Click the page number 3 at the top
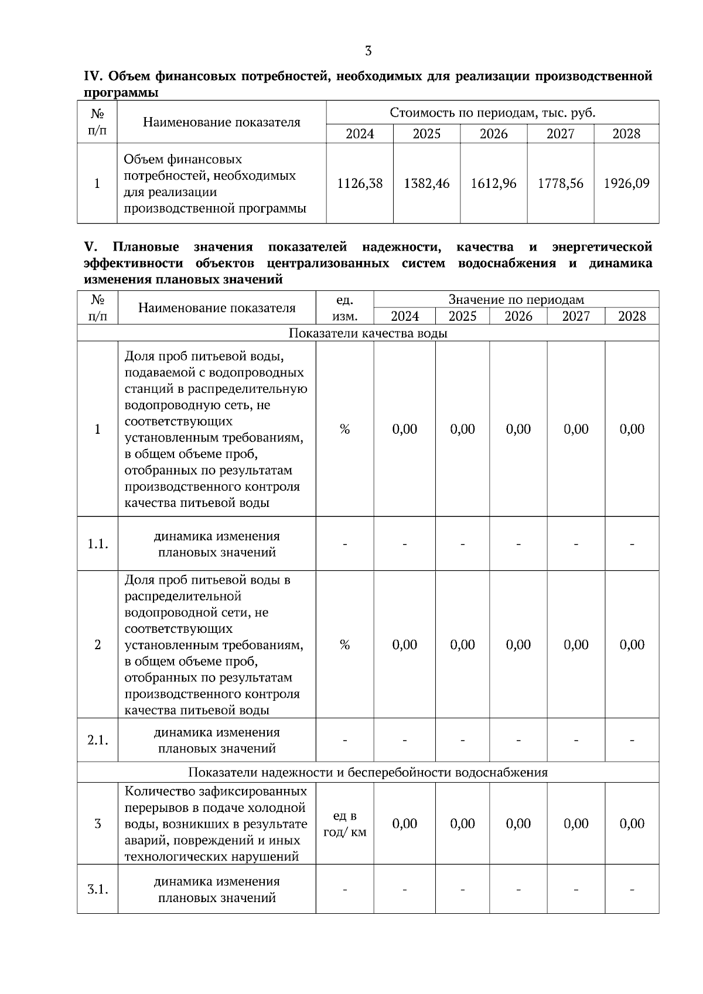click(x=368, y=51)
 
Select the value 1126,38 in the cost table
click(x=360, y=183)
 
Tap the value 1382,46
click(x=426, y=183)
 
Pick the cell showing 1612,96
click(x=493, y=183)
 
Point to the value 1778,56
click(x=561, y=183)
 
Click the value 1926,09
click(x=626, y=183)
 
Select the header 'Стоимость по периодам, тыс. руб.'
click(x=492, y=112)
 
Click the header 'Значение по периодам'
click(x=516, y=300)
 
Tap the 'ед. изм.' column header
click(x=344, y=308)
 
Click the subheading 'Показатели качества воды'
click(x=368, y=333)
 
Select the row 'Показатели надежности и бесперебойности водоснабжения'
click(x=368, y=772)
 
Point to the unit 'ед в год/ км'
click(x=344, y=824)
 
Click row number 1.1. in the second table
click(x=98, y=544)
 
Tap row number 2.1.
click(x=98, y=740)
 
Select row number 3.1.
click(x=98, y=889)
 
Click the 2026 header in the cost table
click(x=493, y=133)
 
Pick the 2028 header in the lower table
click(x=632, y=317)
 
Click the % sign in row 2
click(x=344, y=645)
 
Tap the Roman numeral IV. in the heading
click(x=94, y=77)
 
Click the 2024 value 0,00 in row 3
click(x=404, y=824)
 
